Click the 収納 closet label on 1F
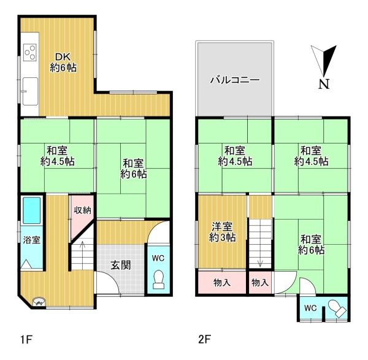82,210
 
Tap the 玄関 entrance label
119,266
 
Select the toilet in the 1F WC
159,278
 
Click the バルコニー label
234,80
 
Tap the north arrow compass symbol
326,61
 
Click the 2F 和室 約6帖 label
312,245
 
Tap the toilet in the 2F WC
335,307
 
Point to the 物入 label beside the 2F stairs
260,283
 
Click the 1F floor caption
24,338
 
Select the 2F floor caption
204,338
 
